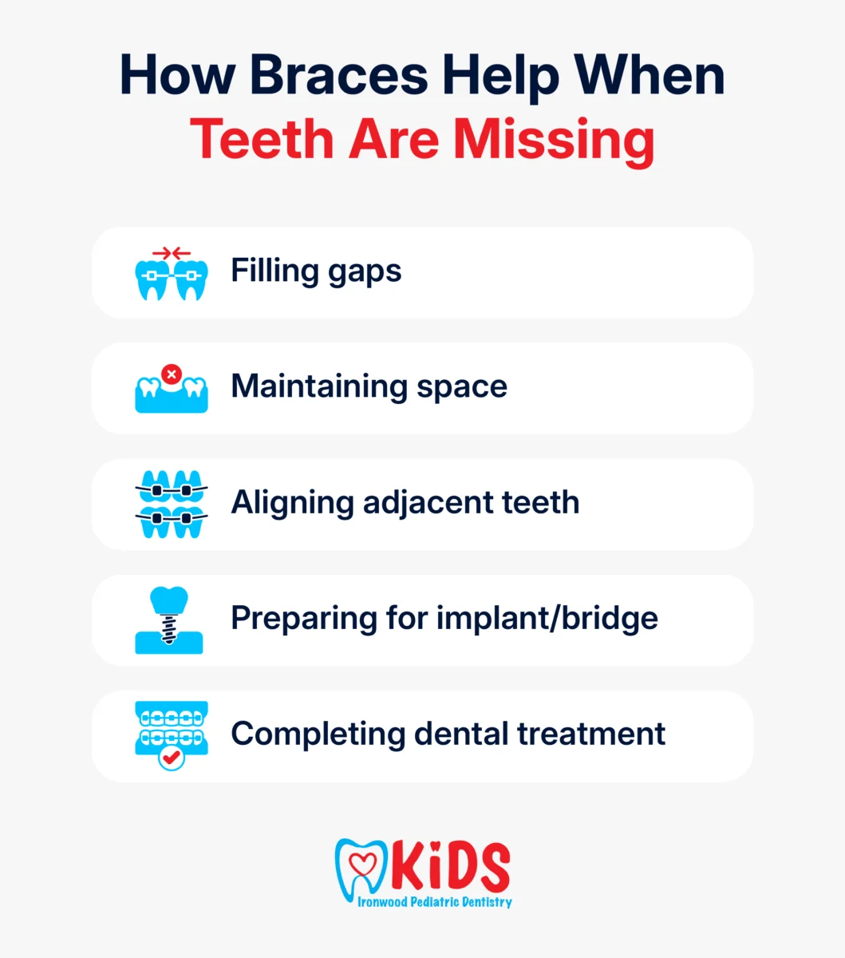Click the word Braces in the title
click(x=338, y=75)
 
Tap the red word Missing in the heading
click(x=554, y=142)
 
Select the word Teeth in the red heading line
click(x=262, y=139)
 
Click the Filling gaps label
click(x=316, y=271)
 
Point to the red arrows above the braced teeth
click(x=171, y=253)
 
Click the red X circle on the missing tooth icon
click(x=172, y=374)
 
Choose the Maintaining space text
click(x=369, y=387)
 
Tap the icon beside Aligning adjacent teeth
click(x=171, y=504)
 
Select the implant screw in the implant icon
click(x=169, y=628)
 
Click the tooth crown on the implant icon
click(x=169, y=600)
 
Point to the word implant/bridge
click(x=547, y=619)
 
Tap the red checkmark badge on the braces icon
click(x=171, y=757)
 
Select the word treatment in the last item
click(x=591, y=734)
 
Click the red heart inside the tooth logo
click(x=362, y=865)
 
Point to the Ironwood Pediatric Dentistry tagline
click(x=434, y=902)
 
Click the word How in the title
click(x=177, y=75)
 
